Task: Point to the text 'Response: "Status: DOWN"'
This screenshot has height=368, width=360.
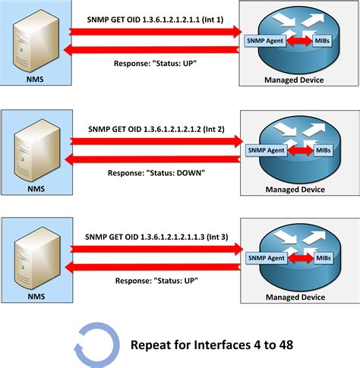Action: coord(156,173)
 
